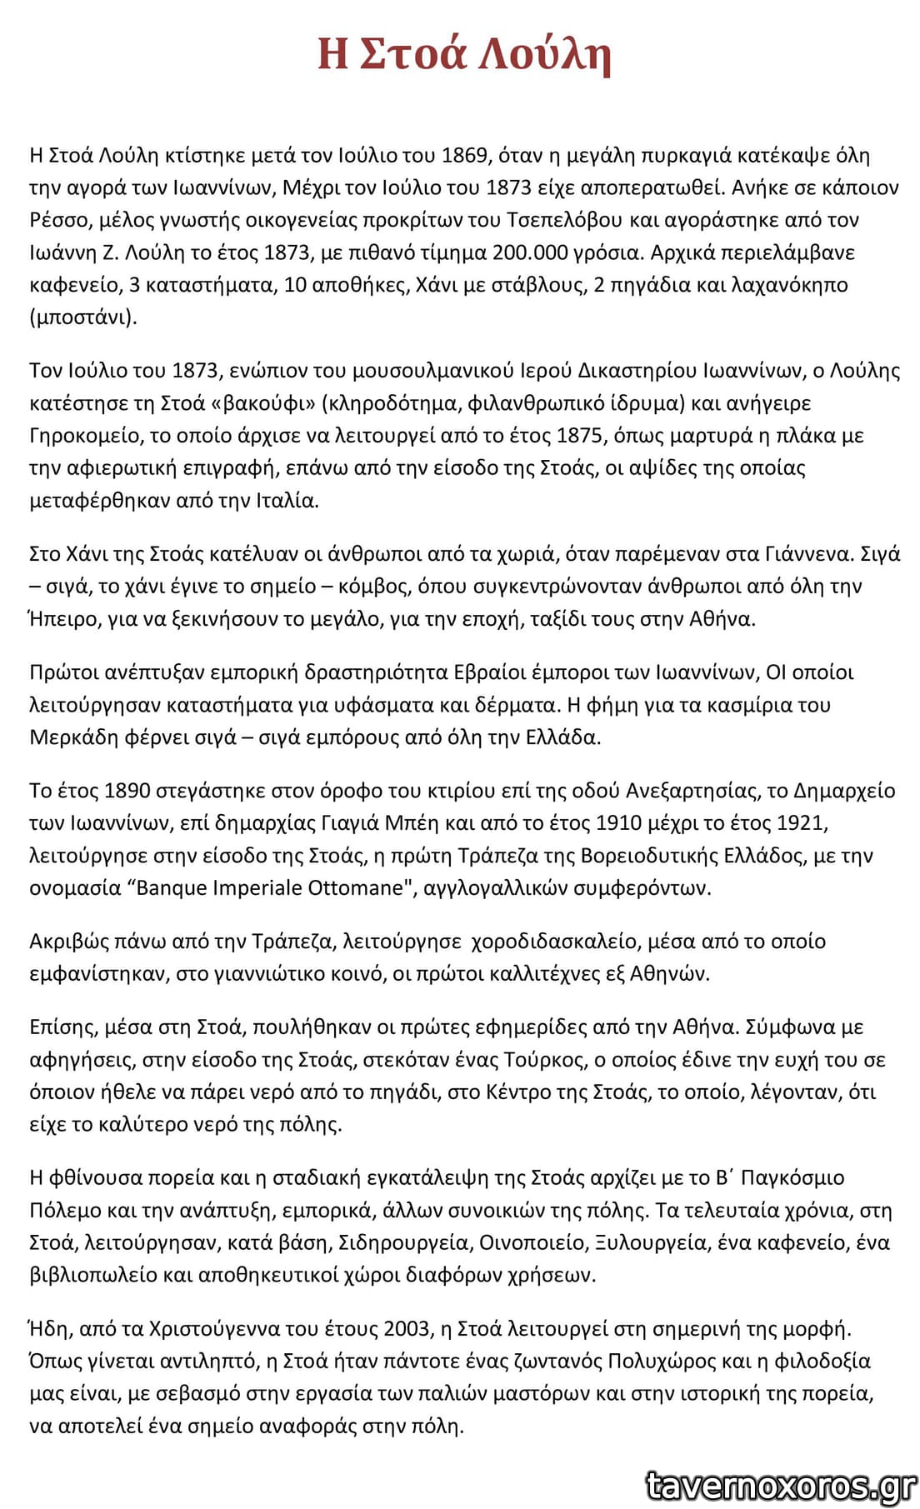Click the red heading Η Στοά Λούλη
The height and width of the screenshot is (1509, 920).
coord(464,54)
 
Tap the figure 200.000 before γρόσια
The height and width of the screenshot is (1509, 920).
coord(530,252)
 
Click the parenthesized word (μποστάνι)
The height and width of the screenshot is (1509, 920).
coord(82,317)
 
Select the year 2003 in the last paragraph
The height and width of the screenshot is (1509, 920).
coord(407,1329)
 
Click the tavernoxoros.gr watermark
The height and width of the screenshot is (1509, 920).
coord(781,1485)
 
